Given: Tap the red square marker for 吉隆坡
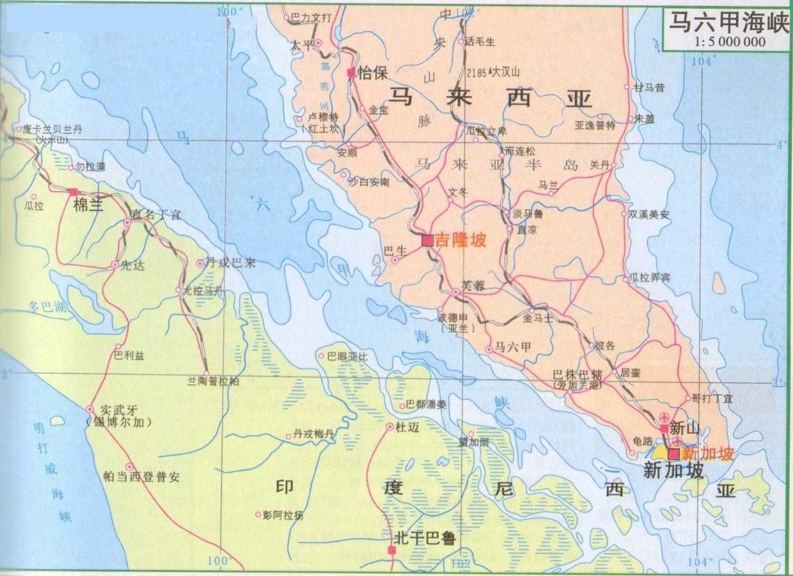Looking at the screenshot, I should [x=427, y=240].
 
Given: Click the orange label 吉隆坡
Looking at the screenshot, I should [x=460, y=240].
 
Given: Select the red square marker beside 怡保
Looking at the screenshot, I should [x=350, y=73].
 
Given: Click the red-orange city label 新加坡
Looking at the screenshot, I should [x=705, y=453].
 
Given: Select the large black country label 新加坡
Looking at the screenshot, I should [x=673, y=471].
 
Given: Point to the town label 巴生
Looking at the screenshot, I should [x=394, y=251].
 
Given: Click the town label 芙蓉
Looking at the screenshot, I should [x=473, y=286].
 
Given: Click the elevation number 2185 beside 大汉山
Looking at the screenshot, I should [x=477, y=73].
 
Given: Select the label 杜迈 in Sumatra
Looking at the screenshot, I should [x=407, y=428].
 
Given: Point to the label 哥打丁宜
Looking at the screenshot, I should [x=712, y=398].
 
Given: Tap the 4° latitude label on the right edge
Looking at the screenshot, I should [x=780, y=145].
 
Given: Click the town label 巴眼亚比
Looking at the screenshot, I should [x=347, y=356].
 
